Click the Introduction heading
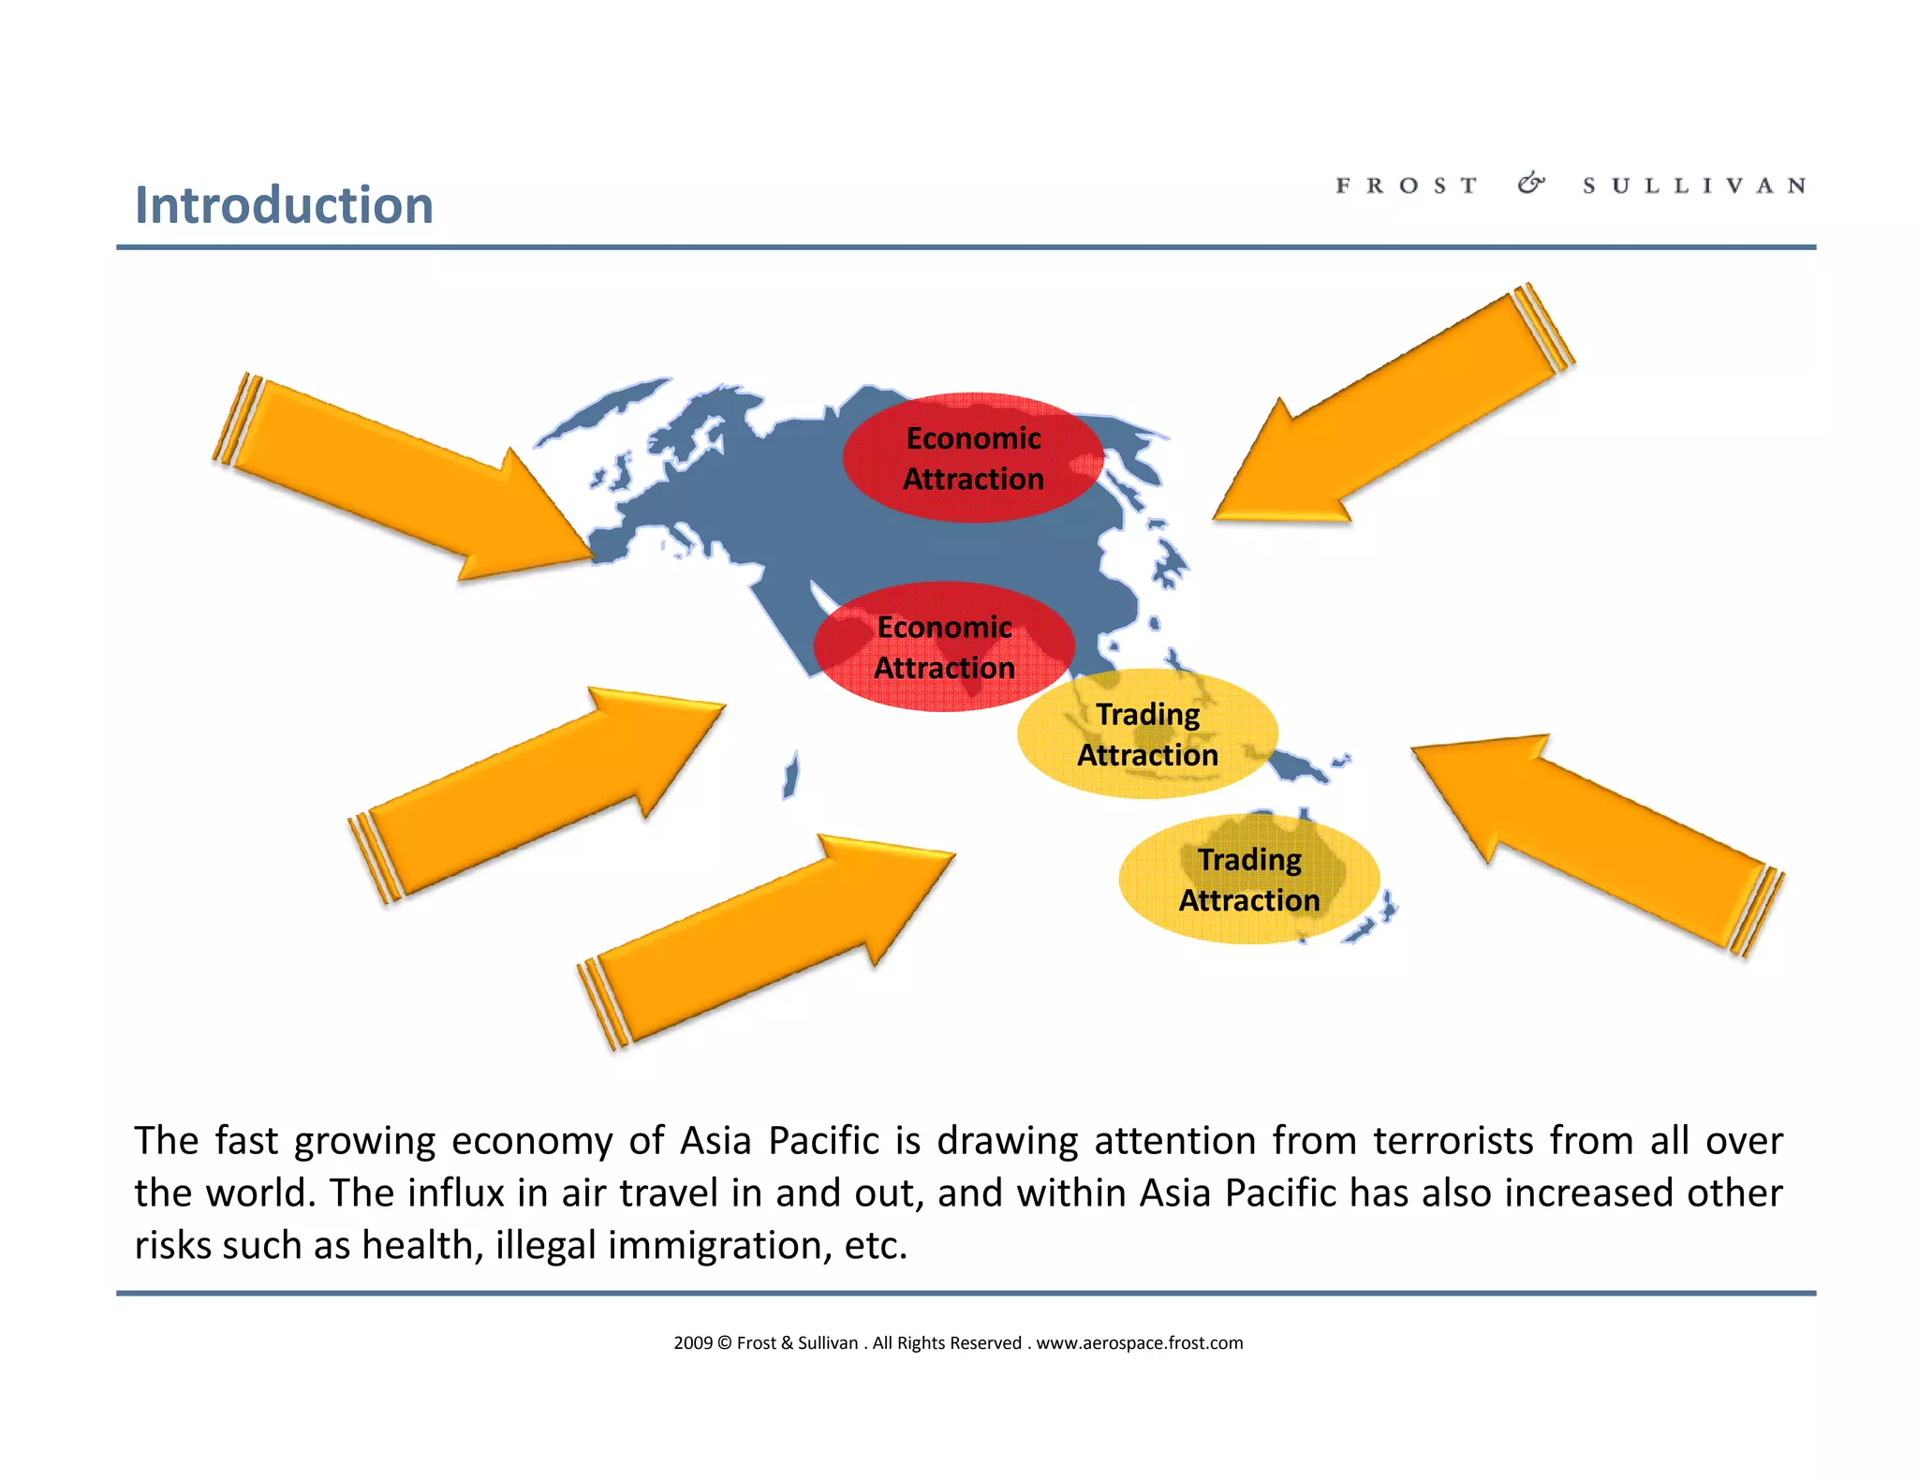(284, 205)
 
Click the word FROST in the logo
(1407, 185)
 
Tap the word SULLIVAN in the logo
(1694, 185)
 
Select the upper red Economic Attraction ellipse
(973, 458)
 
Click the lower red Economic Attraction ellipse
(944, 647)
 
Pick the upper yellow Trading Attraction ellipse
(1147, 734)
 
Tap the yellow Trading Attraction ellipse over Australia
(1248, 880)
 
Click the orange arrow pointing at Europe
(403, 478)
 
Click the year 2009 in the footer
(693, 1343)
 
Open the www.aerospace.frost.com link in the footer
(1139, 1343)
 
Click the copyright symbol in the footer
(725, 1343)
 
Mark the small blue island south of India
(791, 776)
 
